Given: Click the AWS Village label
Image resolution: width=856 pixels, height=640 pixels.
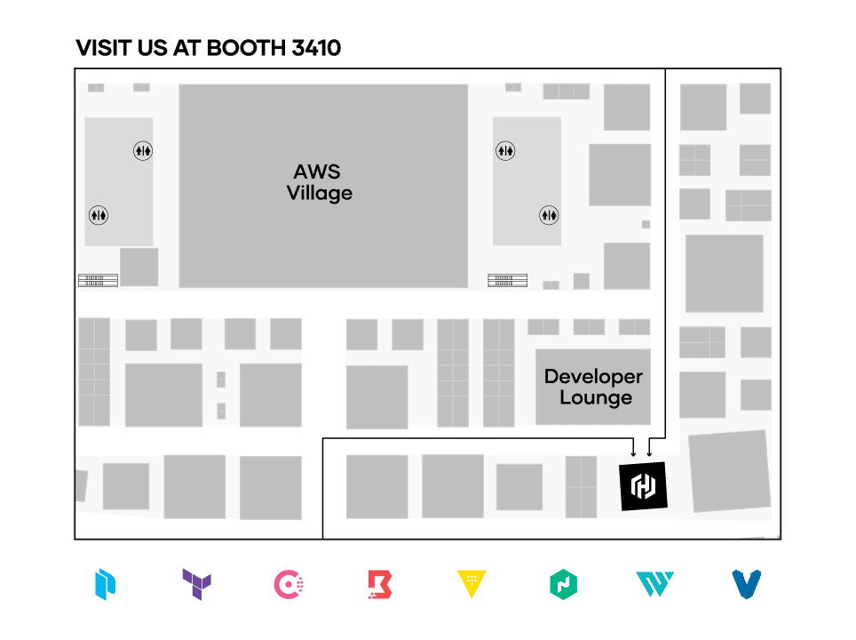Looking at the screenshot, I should pyautogui.click(x=319, y=182).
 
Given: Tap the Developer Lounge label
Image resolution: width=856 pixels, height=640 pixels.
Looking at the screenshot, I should pyautogui.click(x=593, y=387).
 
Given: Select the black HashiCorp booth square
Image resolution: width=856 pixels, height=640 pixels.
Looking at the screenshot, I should pyautogui.click(x=643, y=485).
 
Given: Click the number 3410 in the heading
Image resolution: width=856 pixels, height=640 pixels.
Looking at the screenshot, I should pyautogui.click(x=315, y=48).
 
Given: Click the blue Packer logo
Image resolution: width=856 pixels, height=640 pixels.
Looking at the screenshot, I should pyautogui.click(x=106, y=584).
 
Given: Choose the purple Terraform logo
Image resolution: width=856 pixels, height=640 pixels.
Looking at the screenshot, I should pyautogui.click(x=196, y=584).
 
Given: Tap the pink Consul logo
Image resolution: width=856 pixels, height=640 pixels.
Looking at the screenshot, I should pyautogui.click(x=290, y=584).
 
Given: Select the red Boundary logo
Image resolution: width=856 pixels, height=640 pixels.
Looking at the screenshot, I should pyautogui.click(x=380, y=584).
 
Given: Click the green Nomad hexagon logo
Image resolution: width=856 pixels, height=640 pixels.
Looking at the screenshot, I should pyautogui.click(x=563, y=584).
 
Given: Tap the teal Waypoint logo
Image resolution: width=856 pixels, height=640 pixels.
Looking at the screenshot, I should pyautogui.click(x=654, y=584).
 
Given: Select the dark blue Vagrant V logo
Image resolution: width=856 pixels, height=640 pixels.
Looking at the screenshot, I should pyautogui.click(x=748, y=584).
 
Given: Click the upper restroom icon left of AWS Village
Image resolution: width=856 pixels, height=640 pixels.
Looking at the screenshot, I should pyautogui.click(x=143, y=151).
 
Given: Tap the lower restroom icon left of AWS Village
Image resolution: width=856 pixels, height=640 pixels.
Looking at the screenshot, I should pyautogui.click(x=98, y=214).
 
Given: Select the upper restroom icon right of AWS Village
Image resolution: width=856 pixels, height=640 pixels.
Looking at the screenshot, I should pyautogui.click(x=505, y=151).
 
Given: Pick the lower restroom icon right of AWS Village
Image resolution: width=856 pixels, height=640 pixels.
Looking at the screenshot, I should pyautogui.click(x=551, y=214).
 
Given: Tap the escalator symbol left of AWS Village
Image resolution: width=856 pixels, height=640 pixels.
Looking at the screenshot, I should pyautogui.click(x=98, y=280).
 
